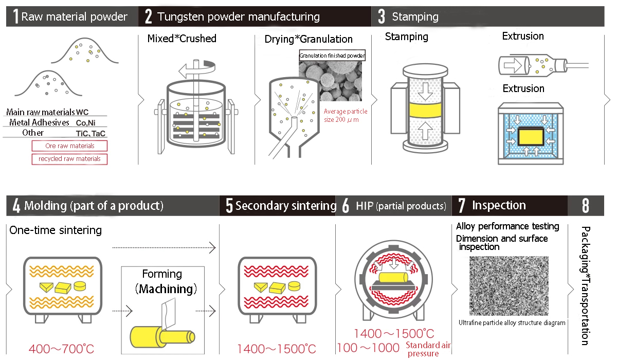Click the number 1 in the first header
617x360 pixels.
coord(15,16)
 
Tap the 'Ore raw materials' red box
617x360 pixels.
coord(69,146)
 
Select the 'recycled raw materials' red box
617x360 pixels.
coord(69,159)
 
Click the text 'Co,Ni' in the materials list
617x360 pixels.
coord(85,122)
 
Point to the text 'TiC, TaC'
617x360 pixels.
coord(91,133)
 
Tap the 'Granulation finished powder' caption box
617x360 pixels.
coord(332,55)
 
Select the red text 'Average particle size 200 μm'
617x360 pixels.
coord(346,115)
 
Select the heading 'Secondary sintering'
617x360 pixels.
coord(285,206)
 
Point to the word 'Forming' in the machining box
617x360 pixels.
coord(162,274)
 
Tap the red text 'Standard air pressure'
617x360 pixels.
coord(428,349)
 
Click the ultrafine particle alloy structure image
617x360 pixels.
coord(509,286)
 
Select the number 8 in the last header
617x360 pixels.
coord(586,206)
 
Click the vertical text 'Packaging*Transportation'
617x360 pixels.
coord(585,286)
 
